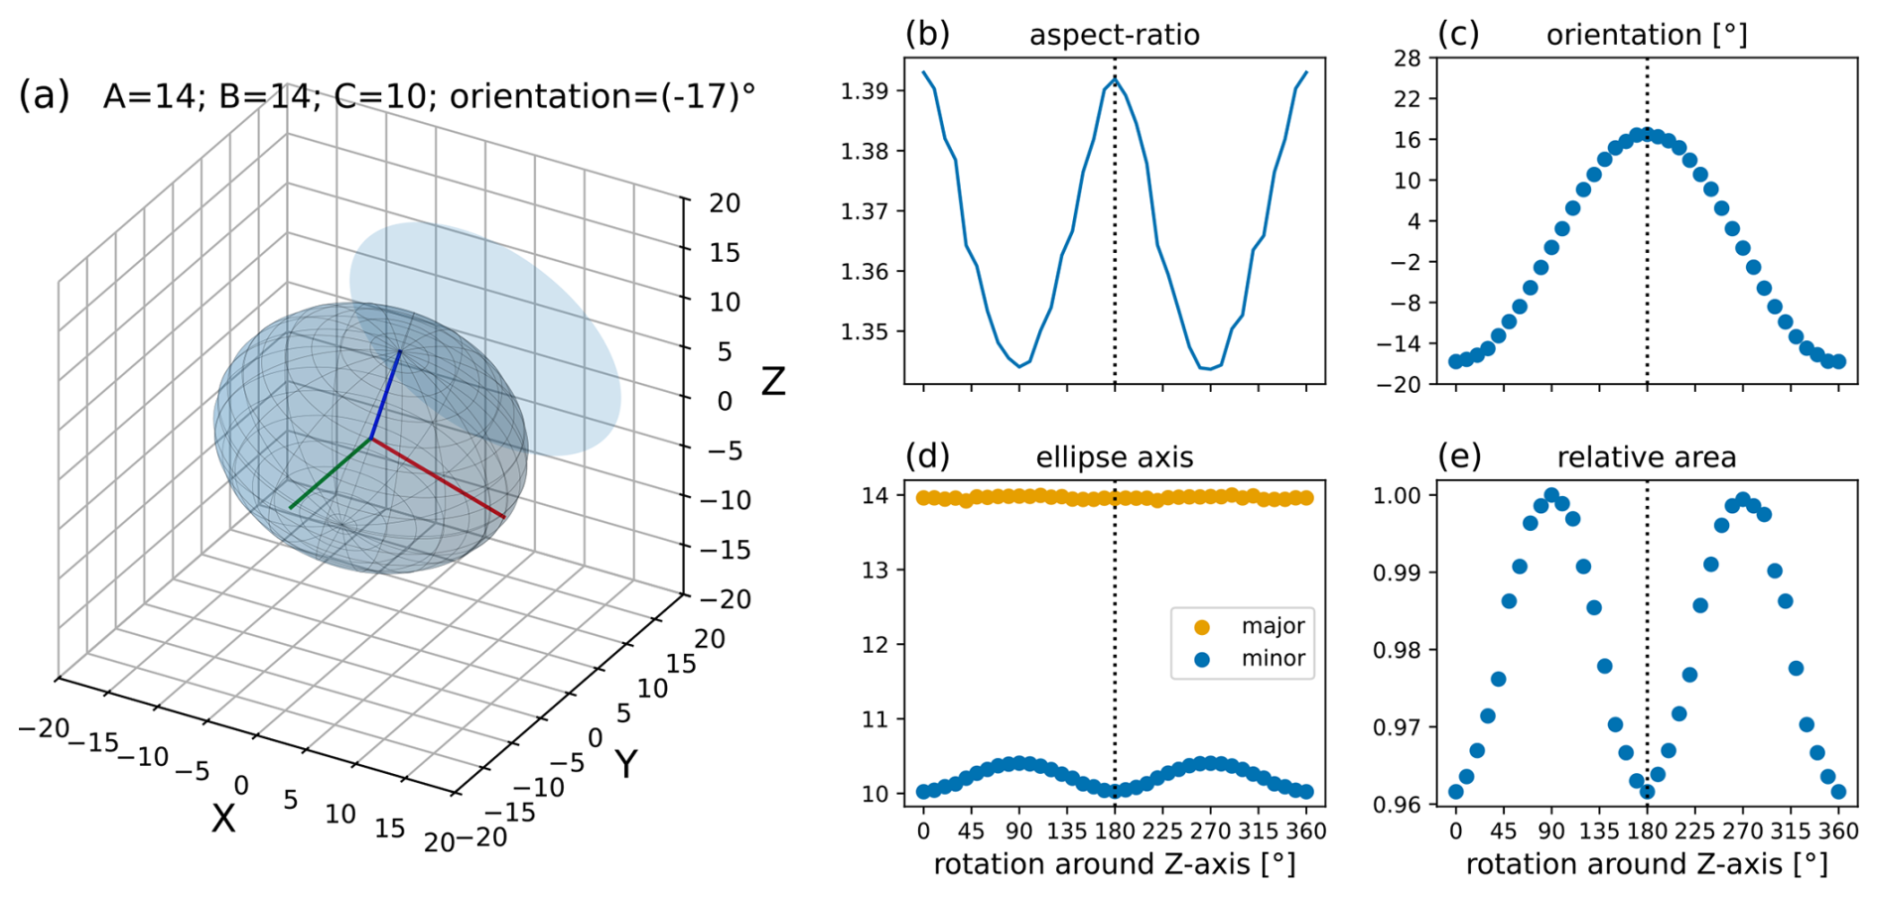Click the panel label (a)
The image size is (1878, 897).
tap(44, 96)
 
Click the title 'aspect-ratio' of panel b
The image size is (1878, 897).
tap(1114, 36)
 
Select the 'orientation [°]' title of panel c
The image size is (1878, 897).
tap(1646, 36)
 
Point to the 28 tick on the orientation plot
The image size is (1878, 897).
tap(1408, 58)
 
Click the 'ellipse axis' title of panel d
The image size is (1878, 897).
tap(1114, 457)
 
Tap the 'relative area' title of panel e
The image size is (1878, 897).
tap(1646, 457)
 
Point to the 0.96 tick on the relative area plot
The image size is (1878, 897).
tap(1397, 804)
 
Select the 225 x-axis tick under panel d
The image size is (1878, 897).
tap(1162, 831)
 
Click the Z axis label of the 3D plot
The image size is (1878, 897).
tap(772, 382)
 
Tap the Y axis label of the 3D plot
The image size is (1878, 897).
tap(625, 764)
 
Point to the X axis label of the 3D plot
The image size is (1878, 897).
tap(223, 819)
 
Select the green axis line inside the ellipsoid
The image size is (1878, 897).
tap(331, 473)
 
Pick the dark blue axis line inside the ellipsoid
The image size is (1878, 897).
tap(386, 394)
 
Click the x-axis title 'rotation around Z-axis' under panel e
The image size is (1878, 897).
tap(1646, 864)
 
